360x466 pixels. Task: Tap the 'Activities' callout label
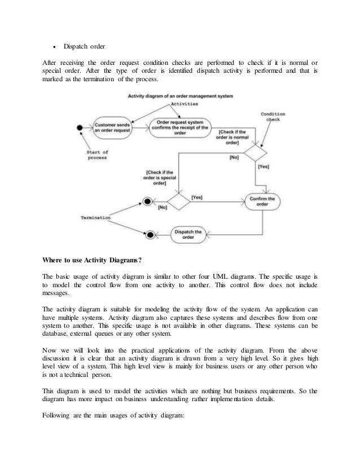click(x=186, y=104)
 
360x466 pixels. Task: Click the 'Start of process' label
click(x=97, y=155)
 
